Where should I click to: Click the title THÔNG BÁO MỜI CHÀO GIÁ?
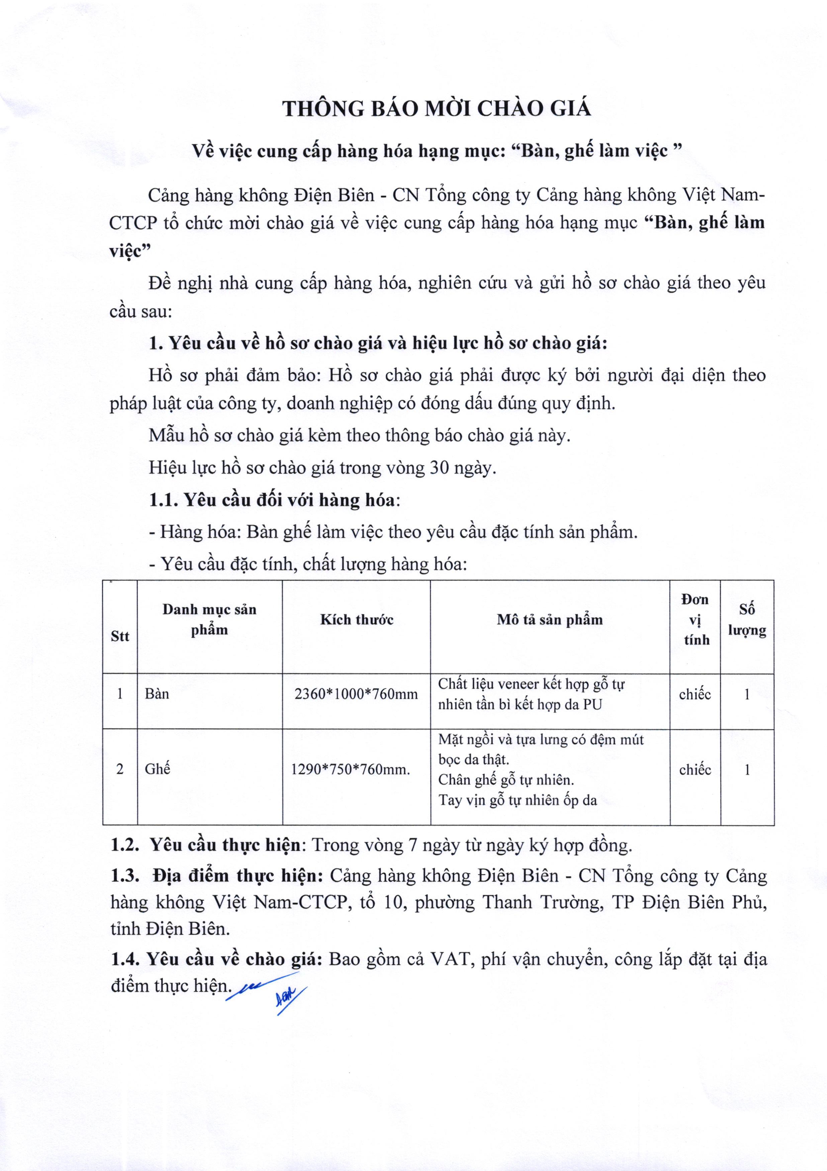pyautogui.click(x=437, y=109)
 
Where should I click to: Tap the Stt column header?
pyautogui.click(x=120, y=636)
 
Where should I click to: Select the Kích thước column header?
pyautogui.click(x=356, y=620)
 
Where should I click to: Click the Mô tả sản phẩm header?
pyautogui.click(x=550, y=620)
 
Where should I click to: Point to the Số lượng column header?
pyautogui.click(x=747, y=620)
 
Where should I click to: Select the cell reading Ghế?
pyautogui.click(x=157, y=769)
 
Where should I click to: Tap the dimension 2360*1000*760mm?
pyautogui.click(x=356, y=694)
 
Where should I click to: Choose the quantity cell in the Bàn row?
pyautogui.click(x=747, y=694)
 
